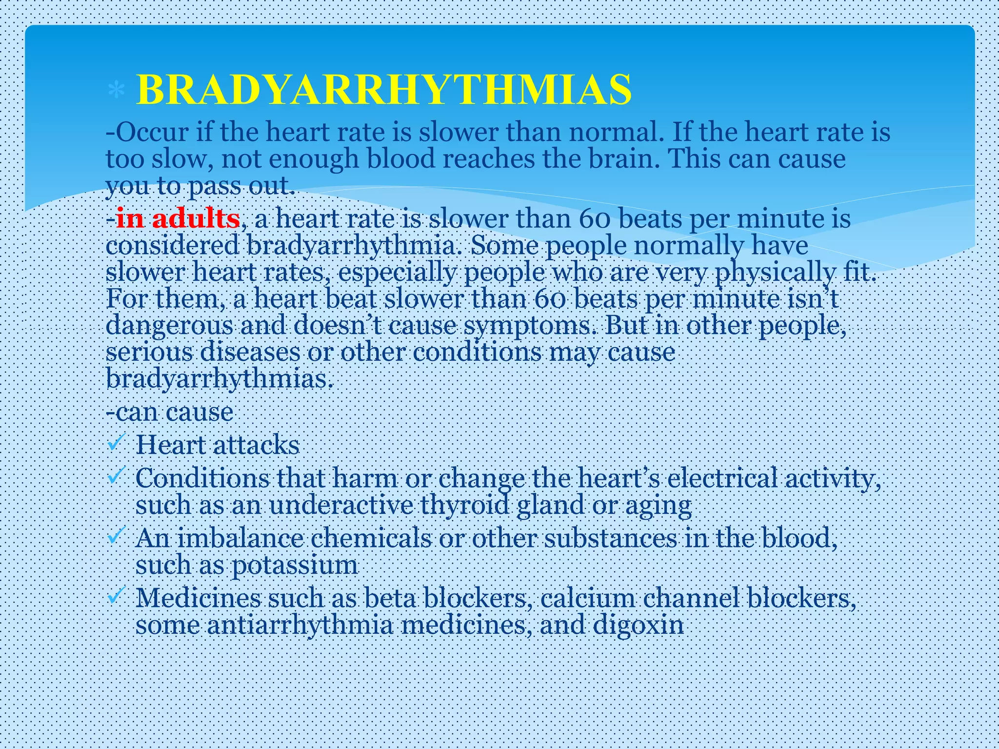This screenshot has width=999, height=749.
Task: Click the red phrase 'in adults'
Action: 178,218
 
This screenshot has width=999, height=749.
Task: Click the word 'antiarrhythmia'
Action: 300,625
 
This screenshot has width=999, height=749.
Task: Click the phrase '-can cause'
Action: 170,412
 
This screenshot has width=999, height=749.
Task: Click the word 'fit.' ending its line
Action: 859,272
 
